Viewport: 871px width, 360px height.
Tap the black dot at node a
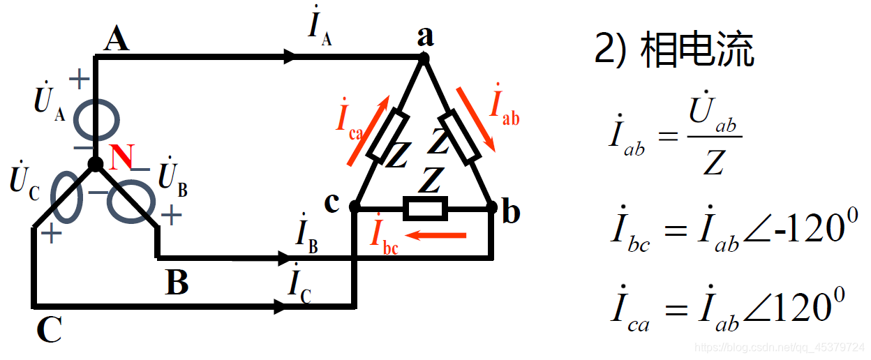point(423,59)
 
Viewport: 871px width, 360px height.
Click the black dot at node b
point(491,207)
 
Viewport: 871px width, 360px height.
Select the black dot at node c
point(355,207)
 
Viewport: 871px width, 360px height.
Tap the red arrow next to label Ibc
point(435,235)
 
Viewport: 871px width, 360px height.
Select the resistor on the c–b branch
point(426,207)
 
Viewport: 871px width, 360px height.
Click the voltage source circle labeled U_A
point(96,119)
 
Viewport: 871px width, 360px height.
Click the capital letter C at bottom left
point(50,330)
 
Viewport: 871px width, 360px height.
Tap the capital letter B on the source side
point(177,283)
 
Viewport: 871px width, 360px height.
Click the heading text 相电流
point(697,50)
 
